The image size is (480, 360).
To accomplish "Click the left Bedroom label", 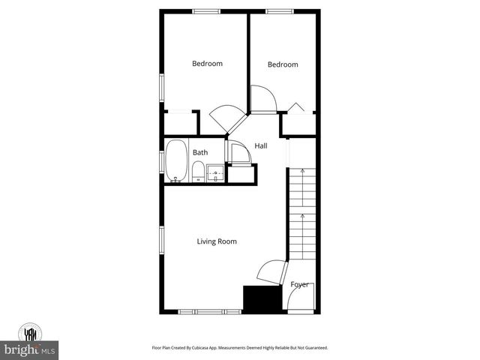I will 207,64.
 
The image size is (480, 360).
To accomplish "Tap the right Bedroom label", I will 283,64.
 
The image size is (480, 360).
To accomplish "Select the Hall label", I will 261,145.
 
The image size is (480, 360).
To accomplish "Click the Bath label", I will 199,153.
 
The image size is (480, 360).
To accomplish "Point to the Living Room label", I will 217,241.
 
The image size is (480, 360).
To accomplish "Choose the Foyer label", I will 300,284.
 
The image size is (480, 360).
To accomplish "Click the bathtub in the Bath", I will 177,160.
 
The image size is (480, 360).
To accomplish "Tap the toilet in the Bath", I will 197,173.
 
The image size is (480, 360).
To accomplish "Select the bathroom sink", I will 215,173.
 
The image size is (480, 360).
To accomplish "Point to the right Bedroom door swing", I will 262,98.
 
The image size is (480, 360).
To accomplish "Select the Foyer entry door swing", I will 298,301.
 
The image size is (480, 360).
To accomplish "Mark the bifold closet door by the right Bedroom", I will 298,108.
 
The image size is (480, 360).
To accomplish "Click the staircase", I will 302,214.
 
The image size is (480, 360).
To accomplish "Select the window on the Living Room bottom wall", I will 209,311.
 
